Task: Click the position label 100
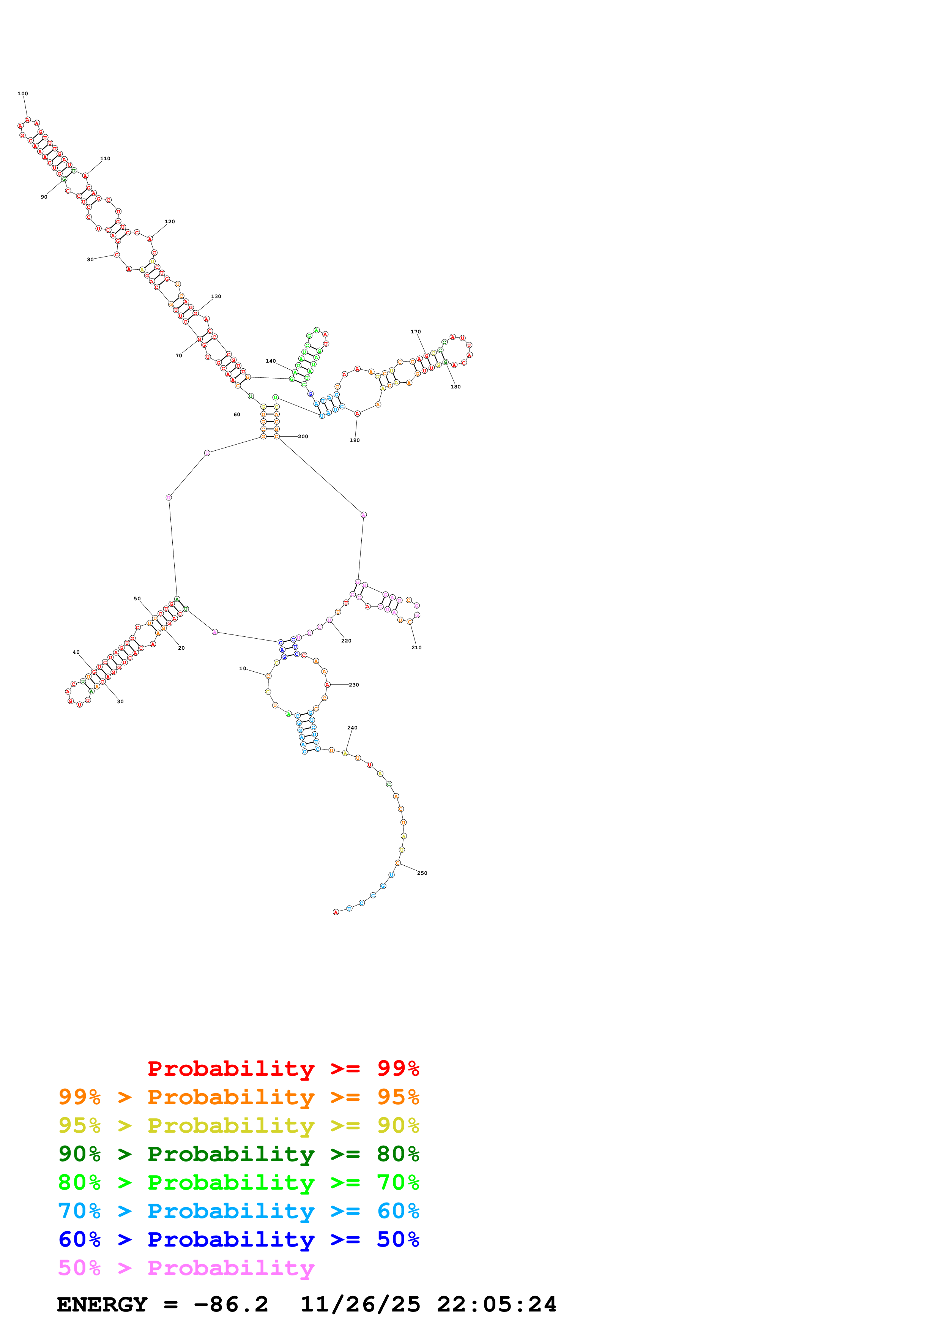pos(23,93)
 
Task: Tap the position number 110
pos(105,158)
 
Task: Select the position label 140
pos(271,361)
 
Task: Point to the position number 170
pos(416,332)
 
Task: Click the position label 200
pos(303,436)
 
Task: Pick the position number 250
pos(422,873)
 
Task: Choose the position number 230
pos(354,685)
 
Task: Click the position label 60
pos(236,414)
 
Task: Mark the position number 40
pos(76,652)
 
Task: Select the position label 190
pos(354,440)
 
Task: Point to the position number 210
pos(416,647)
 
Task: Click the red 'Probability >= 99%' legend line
pos(283,1068)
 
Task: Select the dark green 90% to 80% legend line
pos(238,1154)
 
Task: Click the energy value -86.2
pos(231,1305)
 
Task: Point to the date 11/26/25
pos(360,1305)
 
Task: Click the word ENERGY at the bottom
pos(102,1305)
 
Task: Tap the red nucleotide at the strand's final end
pos(336,912)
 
